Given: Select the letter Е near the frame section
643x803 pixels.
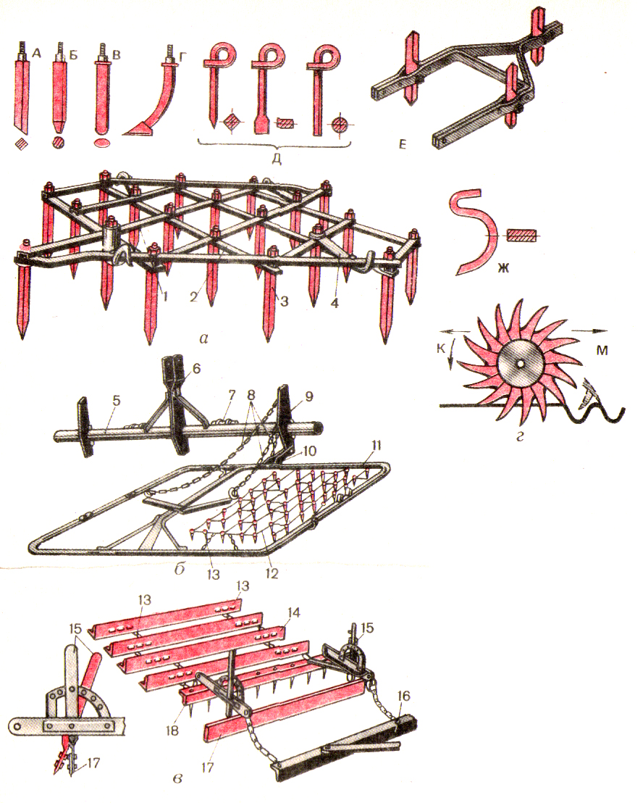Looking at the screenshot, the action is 403,145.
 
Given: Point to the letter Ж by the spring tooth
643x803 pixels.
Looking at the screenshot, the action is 503,268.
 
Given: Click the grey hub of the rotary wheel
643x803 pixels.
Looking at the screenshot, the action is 519,364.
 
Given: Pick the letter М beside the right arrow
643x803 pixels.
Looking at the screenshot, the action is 602,351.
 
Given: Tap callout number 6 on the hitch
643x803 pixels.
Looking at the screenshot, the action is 197,367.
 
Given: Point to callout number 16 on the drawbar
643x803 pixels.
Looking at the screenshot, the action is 403,696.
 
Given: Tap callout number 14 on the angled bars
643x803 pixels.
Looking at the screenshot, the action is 294,612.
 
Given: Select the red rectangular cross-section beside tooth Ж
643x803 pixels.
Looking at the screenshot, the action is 521,236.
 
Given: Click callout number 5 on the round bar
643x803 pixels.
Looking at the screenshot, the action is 116,400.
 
